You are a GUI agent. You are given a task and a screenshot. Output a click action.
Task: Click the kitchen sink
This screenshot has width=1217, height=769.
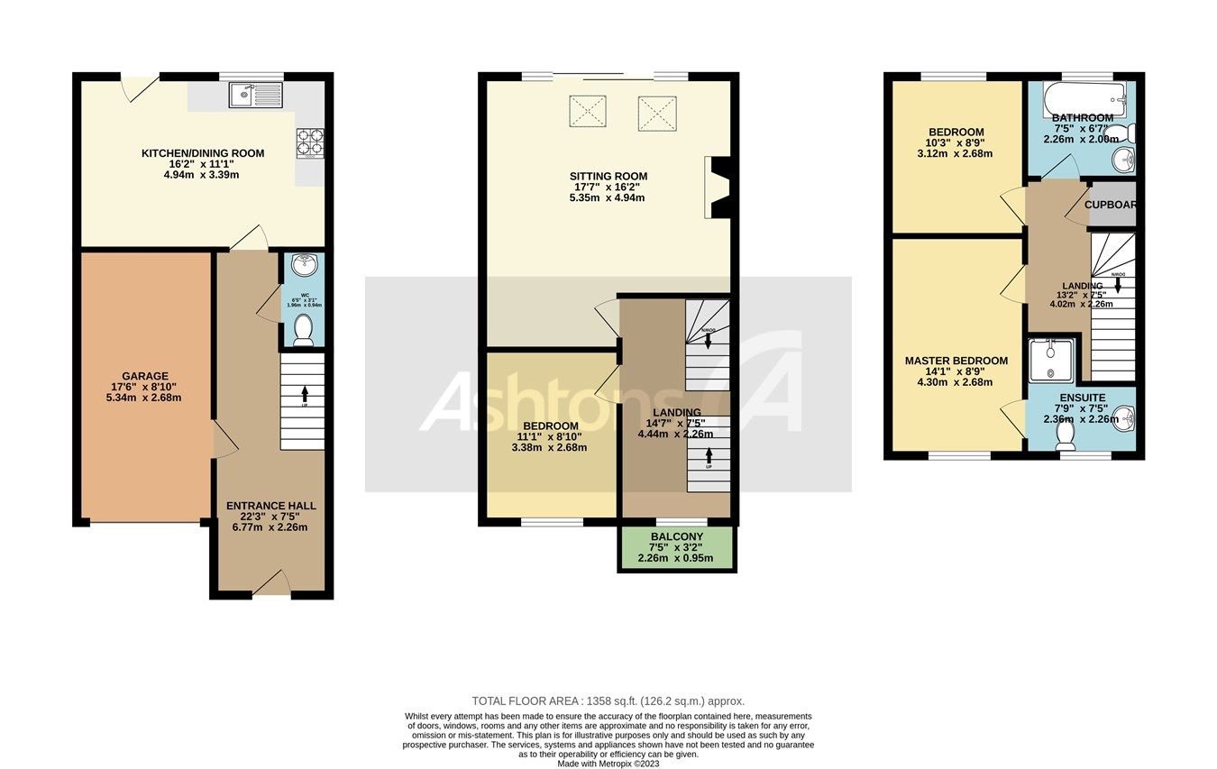[256, 95]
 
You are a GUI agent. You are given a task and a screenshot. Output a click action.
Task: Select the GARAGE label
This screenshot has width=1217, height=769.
[145, 376]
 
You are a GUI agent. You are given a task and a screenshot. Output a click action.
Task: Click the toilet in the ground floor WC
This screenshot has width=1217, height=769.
[304, 329]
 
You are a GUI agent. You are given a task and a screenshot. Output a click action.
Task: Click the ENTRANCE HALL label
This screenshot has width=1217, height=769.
[270, 506]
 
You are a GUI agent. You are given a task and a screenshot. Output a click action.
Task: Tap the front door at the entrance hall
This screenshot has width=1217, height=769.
[271, 586]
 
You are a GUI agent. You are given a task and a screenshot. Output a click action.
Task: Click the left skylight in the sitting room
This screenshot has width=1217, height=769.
[588, 112]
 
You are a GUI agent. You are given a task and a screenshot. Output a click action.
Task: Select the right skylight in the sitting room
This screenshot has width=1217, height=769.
[657, 112]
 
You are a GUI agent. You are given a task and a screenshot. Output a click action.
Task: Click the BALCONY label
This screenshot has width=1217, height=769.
[676, 536]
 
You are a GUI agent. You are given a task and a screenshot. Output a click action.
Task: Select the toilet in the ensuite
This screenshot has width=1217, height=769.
[1066, 435]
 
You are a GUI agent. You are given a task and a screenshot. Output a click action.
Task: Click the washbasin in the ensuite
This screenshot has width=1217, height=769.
[1123, 417]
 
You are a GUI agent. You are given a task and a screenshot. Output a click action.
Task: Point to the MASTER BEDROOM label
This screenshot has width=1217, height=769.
[956, 361]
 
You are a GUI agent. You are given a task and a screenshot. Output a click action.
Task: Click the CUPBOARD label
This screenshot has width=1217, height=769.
[1110, 205]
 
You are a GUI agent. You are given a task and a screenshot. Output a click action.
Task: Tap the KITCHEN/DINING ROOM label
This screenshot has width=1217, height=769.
[203, 153]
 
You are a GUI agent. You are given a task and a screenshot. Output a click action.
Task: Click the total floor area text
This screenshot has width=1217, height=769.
[608, 700]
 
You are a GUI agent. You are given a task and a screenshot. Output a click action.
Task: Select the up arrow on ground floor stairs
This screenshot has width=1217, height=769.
[304, 393]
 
